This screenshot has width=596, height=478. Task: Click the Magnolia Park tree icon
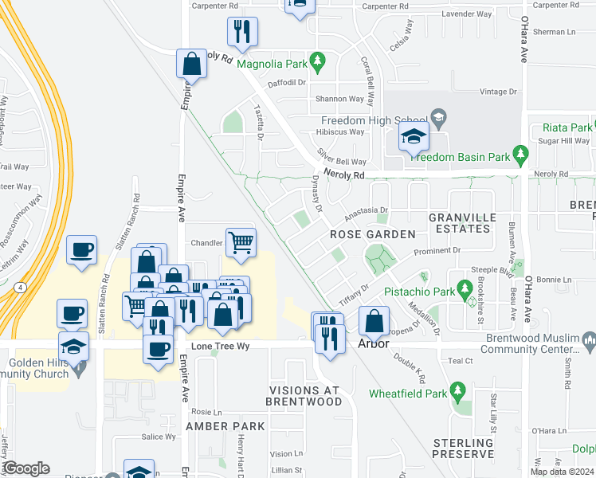[318, 61]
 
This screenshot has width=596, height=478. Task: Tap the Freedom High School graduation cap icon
[414, 137]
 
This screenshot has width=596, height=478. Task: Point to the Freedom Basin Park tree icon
[521, 153]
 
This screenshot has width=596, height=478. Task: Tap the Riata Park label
[567, 127]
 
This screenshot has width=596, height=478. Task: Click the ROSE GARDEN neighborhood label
[373, 234]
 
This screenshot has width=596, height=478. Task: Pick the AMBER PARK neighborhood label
[225, 427]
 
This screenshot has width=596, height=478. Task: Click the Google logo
[26, 468]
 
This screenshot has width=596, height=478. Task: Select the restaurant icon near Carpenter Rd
[241, 32]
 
